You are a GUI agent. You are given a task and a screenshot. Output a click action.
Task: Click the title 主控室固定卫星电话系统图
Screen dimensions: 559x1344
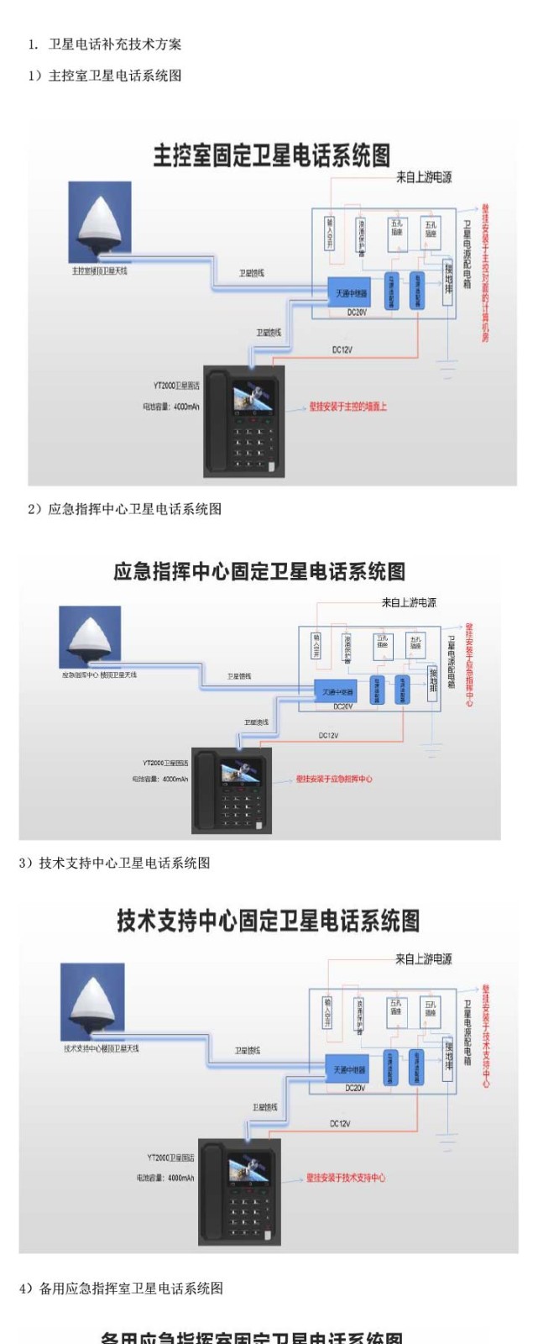(x=271, y=155)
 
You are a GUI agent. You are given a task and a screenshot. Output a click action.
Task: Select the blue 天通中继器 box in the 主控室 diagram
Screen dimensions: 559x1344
(x=351, y=293)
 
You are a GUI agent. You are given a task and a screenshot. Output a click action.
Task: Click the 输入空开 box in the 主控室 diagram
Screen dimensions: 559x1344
(x=329, y=233)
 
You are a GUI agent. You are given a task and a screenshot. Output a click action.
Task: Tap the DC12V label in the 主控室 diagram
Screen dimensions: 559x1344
(x=342, y=349)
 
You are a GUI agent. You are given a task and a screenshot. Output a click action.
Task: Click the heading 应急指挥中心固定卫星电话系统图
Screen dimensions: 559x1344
(x=259, y=572)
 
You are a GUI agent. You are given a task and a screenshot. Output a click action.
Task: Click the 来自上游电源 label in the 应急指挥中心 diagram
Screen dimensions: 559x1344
(x=409, y=602)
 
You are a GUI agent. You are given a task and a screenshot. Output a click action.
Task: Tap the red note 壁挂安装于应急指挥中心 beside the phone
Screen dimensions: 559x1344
(x=334, y=779)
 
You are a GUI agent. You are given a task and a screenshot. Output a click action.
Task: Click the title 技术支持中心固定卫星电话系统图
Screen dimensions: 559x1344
(x=268, y=921)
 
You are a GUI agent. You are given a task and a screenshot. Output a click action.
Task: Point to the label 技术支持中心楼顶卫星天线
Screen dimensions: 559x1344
(x=101, y=1048)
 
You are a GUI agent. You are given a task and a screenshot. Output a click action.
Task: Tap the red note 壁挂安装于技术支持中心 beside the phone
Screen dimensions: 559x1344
(x=346, y=1178)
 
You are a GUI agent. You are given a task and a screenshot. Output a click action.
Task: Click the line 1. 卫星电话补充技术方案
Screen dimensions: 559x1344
(x=105, y=45)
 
